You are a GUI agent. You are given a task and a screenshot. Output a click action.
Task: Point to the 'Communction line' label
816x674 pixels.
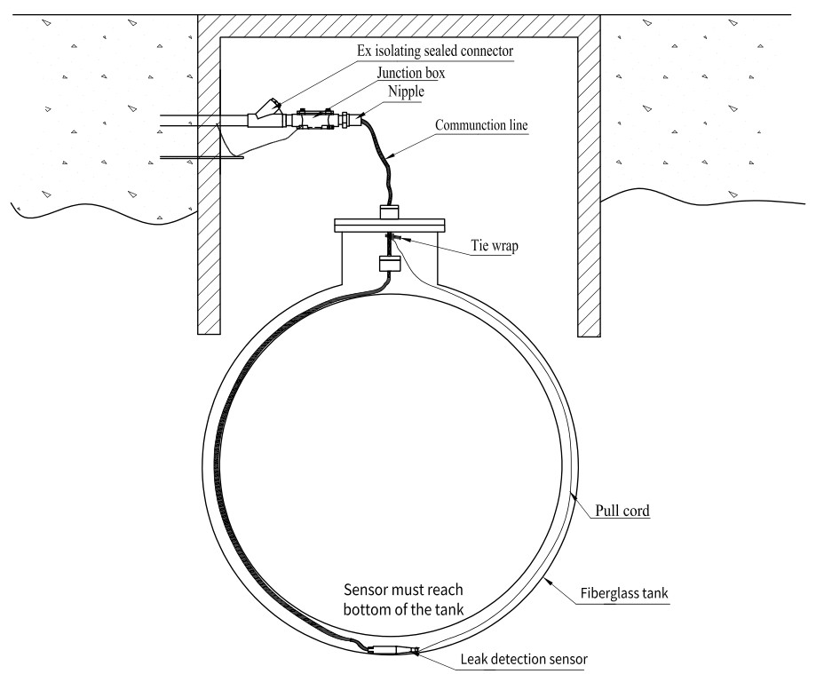[x=481, y=126]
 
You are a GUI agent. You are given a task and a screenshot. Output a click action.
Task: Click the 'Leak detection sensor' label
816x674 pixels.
[x=523, y=658]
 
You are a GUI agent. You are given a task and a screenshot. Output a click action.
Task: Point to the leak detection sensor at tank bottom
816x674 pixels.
[x=392, y=650]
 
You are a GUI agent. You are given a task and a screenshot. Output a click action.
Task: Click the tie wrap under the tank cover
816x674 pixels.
[x=391, y=237]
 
